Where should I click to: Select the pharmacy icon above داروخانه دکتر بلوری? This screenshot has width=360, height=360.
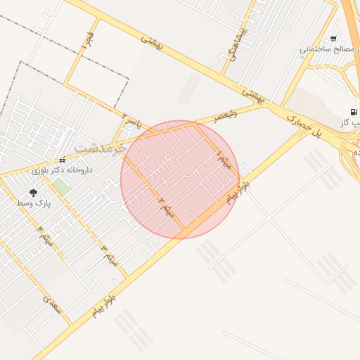[x=63, y=160]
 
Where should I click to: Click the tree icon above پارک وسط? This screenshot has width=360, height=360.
[x=33, y=193]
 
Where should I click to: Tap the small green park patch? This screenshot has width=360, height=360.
[x=61, y=187]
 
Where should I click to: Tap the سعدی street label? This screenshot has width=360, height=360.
[x=52, y=305]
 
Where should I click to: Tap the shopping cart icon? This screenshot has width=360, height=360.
[x=333, y=39]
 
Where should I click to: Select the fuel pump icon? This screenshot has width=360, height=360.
[x=353, y=112]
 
